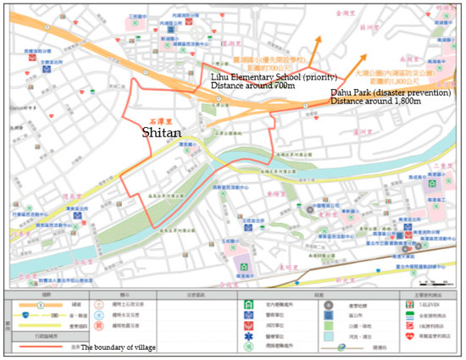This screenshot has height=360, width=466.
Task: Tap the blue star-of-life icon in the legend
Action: click(249, 335)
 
